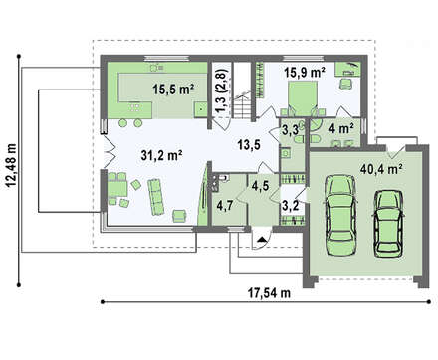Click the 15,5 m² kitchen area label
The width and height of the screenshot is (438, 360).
(173, 90)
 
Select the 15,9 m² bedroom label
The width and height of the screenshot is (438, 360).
(304, 72)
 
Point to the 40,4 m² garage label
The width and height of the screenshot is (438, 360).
(381, 169)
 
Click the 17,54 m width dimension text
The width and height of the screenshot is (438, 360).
(269, 292)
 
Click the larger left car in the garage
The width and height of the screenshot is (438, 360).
(340, 215)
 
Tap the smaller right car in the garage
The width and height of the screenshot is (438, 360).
(388, 224)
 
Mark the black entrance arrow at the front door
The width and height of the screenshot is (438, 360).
(262, 239)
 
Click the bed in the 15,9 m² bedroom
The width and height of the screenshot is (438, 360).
(302, 98)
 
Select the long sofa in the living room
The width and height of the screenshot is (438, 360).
(155, 197)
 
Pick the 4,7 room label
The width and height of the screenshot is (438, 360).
(224, 206)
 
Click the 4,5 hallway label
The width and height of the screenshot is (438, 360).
(260, 186)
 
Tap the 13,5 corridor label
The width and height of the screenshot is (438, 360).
(249, 144)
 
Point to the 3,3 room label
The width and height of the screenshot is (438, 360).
(290, 129)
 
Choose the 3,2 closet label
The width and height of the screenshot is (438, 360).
(290, 206)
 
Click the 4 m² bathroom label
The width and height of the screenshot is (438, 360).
(341, 128)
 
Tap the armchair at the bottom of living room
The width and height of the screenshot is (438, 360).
(179, 216)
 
